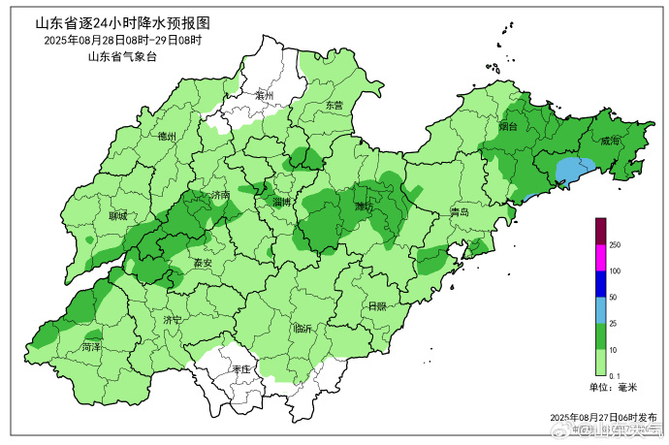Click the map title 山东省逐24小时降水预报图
pos(122,22)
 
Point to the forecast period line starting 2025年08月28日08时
pos(122,40)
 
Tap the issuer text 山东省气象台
pos(122,56)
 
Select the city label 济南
pos(220,195)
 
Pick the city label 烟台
pos(508,127)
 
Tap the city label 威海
pos(610,141)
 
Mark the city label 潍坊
pos(365,207)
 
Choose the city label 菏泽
pos(92,346)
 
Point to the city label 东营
pos(334,105)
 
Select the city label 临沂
pos(303,329)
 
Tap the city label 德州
pos(167,138)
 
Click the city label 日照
pos(377,306)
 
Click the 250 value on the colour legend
pos(615,246)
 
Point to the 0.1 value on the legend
pos(614,375)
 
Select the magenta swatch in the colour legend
pos(600,259)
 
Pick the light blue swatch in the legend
pos(600,310)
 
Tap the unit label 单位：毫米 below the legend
pos(613,388)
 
